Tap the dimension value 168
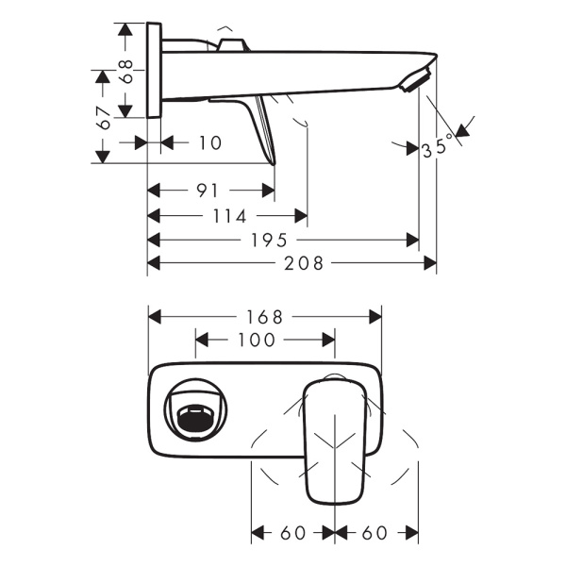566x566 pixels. (265, 316)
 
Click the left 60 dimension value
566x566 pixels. (293, 534)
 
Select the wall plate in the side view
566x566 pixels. (156, 72)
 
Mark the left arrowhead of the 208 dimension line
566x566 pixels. (154, 264)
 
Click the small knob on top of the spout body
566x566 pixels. (231, 44)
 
